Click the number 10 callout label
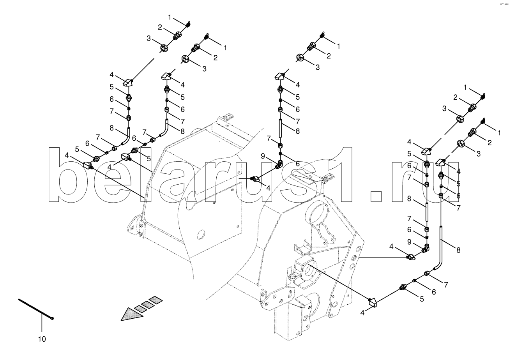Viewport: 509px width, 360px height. click(42, 339)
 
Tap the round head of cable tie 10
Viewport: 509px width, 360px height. click(53, 319)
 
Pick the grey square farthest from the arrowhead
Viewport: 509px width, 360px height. click(155, 299)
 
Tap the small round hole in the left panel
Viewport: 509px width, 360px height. click(201, 235)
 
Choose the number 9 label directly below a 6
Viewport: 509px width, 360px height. click(409, 242)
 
